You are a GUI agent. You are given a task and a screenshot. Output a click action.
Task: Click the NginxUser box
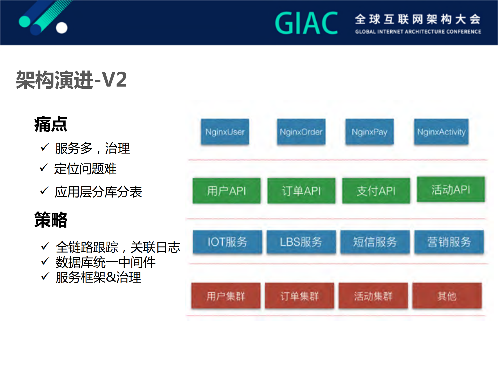(225, 132)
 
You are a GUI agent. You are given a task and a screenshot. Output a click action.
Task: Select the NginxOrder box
(301, 132)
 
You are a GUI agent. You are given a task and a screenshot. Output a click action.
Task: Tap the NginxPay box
(369, 132)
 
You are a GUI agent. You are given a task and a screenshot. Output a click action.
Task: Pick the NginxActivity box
(441, 132)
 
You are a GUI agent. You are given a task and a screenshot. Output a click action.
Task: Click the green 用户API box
(227, 191)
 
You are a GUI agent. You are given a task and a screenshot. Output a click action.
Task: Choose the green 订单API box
(301, 191)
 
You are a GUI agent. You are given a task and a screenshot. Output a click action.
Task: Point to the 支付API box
(376, 191)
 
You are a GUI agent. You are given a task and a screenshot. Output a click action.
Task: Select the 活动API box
(451, 189)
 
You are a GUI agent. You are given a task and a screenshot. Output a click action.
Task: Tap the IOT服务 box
(227, 242)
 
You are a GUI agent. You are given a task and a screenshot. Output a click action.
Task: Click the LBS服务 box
(301, 242)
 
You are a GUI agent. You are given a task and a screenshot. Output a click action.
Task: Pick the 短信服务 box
(375, 242)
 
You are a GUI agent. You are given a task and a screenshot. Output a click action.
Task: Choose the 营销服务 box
(449, 242)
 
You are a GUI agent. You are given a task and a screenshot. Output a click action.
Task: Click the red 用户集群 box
(226, 296)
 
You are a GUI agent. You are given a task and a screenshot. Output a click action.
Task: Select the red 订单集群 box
(299, 296)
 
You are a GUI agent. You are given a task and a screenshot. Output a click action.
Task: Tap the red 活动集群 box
(373, 296)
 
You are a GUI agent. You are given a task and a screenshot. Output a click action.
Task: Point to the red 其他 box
(447, 296)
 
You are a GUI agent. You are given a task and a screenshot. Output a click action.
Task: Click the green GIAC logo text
(306, 23)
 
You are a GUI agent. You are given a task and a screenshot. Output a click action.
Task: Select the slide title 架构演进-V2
(71, 80)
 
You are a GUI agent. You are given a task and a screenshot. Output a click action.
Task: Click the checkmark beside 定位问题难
(44, 168)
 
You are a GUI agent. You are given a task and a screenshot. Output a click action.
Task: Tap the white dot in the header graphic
(62, 28)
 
